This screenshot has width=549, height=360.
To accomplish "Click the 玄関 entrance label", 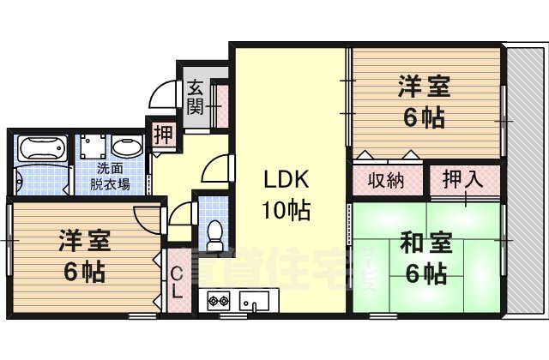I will click(x=195, y=96).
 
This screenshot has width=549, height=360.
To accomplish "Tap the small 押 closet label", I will click(x=162, y=134).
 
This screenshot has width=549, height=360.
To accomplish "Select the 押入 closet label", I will click(x=463, y=179).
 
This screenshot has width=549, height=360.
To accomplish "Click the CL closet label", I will click(x=177, y=282).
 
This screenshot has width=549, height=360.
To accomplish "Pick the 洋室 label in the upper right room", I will click(x=423, y=87).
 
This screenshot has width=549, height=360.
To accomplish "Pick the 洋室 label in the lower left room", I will click(x=83, y=241).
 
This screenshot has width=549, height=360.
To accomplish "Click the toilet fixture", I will click(x=214, y=231).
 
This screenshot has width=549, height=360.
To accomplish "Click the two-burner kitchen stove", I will click(x=218, y=301).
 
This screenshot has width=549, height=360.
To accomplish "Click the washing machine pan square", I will click(x=93, y=147).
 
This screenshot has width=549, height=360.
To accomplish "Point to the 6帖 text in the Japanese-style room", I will click(x=423, y=275).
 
